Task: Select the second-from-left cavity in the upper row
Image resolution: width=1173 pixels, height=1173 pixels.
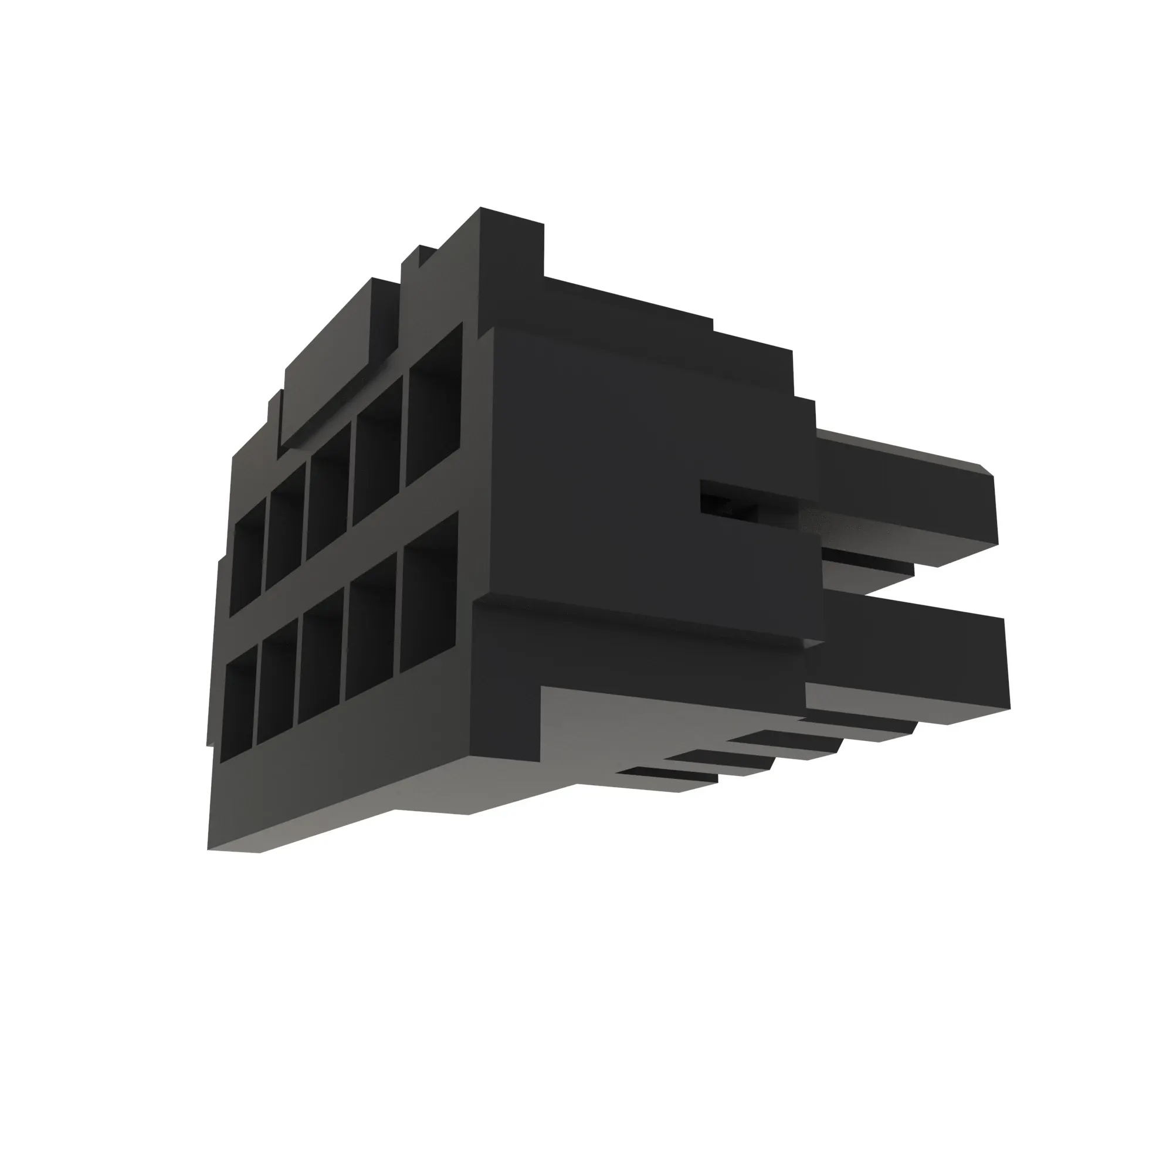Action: click(286, 526)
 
